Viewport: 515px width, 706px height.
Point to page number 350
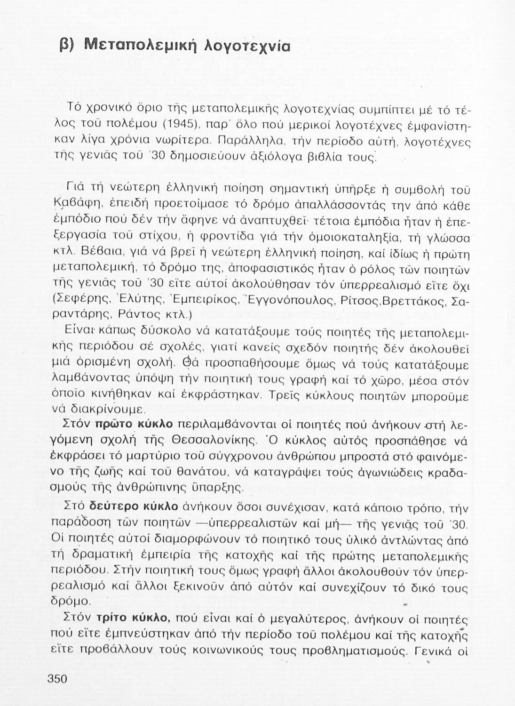(57, 679)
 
